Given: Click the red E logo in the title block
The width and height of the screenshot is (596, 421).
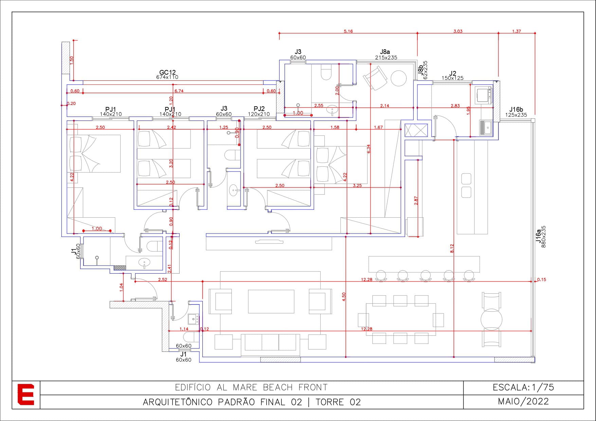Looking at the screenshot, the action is tap(26, 395).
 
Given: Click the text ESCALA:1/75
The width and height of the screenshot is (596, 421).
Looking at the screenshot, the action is tap(523, 387).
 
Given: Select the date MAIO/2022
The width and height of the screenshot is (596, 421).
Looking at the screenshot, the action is tap(523, 402).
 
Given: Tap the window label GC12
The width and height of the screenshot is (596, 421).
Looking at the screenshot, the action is tap(168, 72).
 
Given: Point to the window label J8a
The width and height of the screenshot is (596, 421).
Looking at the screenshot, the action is tap(385, 52).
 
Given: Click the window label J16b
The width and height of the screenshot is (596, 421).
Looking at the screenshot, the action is tap(516, 109).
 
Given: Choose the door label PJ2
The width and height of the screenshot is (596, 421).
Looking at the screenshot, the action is tap(259, 109).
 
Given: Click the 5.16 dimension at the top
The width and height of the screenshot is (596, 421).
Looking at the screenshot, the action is tap(348, 31).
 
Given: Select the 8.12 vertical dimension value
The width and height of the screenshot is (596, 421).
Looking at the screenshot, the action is tap(452, 249).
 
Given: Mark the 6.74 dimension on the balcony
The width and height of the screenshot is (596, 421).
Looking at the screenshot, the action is tap(179, 91).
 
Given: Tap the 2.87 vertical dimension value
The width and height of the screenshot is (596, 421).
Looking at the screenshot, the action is tap(416, 201).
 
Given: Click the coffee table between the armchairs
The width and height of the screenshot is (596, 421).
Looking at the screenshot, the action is tap(271, 301).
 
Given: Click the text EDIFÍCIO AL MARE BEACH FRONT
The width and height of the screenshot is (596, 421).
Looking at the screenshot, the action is tap(251, 387).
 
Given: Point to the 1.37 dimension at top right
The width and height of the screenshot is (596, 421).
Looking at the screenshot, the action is tap(517, 31).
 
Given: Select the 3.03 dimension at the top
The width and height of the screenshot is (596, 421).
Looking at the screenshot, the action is tap(458, 31).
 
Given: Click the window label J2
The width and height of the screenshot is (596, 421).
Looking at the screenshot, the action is tap(453, 73).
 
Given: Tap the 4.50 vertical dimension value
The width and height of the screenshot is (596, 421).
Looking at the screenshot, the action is tap(344, 297).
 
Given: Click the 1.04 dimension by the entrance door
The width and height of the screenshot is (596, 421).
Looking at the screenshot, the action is tap(121, 287).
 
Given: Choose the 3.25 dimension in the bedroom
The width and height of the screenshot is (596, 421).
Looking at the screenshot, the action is tap(357, 186).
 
